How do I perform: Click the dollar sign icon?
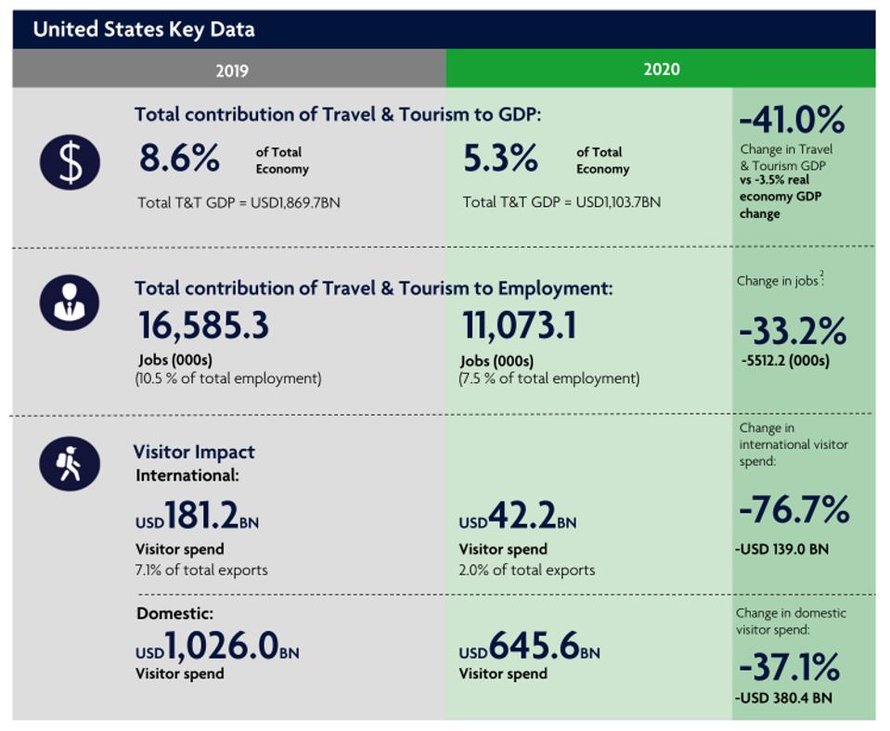pos(69,162)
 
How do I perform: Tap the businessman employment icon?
pos(69,301)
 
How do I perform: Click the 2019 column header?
pos(231,70)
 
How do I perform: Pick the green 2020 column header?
pos(661,70)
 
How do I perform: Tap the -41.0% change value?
pos(792,121)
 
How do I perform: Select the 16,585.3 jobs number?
pos(203,326)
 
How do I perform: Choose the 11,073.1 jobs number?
pos(519,326)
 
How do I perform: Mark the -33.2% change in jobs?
pos(793,330)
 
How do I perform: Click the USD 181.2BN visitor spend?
pos(198,517)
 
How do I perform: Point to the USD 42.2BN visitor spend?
pos(518,518)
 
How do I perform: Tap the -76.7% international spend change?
pos(793,509)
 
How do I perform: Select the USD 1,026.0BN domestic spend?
pos(217,645)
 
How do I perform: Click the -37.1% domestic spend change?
pos(790,667)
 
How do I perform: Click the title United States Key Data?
pos(144,30)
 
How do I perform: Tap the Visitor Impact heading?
pos(193,452)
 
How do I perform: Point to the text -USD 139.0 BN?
pos(781,549)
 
